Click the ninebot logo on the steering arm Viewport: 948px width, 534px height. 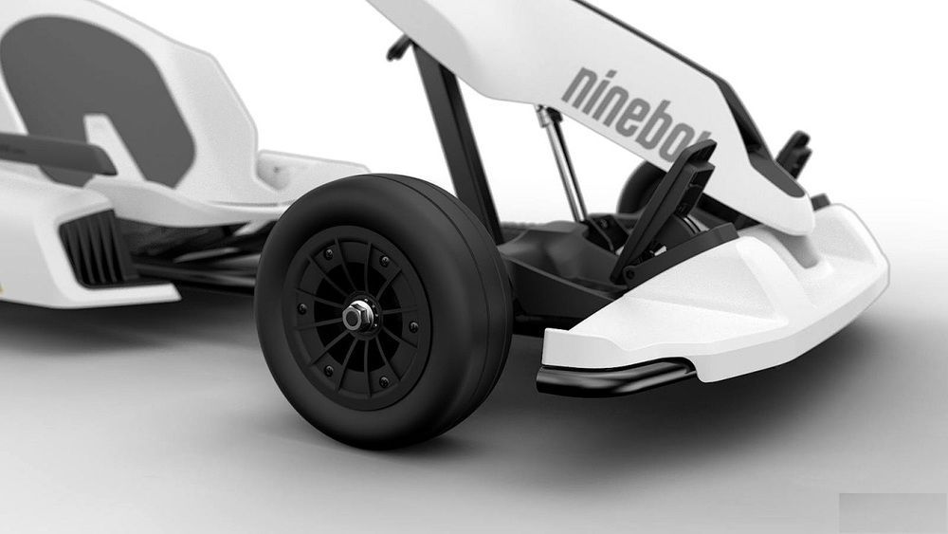click(x=635, y=113)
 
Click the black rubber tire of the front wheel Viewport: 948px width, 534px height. click(x=384, y=310)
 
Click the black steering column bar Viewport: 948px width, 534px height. click(x=457, y=139)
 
